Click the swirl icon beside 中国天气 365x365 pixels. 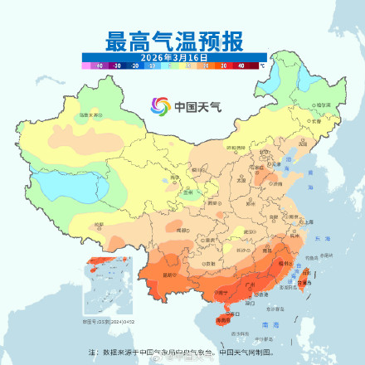(x=159, y=105)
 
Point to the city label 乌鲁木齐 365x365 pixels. (x=90, y=114)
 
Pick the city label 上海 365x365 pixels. (x=308, y=221)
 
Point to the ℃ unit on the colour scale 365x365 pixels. (x=263, y=63)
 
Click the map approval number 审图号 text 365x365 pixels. (x=103, y=319)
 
